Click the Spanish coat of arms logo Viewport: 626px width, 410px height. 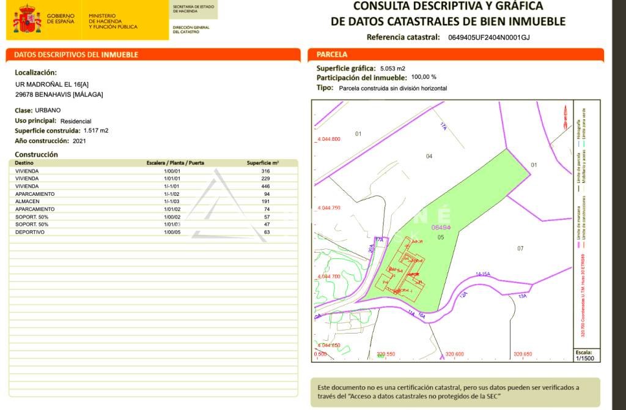pyautogui.click(x=28, y=20)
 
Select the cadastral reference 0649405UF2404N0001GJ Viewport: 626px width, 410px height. pyautogui.click(x=488, y=37)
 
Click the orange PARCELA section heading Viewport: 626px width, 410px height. pyautogui.click(x=332, y=54)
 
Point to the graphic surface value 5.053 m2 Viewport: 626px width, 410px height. pyautogui.click(x=392, y=69)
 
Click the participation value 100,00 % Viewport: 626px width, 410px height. pyautogui.click(x=424, y=77)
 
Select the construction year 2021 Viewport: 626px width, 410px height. pyautogui.click(x=79, y=141)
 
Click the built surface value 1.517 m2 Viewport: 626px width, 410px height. pyautogui.click(x=96, y=130)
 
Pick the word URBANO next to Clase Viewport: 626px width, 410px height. pyautogui.click(x=49, y=110)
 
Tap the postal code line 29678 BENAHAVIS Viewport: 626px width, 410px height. pyautogui.click(x=59, y=94)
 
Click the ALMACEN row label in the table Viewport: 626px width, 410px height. pyautogui.click(x=27, y=201)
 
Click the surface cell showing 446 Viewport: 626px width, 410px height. pyautogui.click(x=265, y=186)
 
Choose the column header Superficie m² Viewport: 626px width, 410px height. pyautogui.click(x=263, y=163)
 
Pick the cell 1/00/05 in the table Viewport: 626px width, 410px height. pyautogui.click(x=175, y=232)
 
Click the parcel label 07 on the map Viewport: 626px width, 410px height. pyautogui.click(x=520, y=248)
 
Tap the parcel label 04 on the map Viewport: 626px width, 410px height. pyautogui.click(x=429, y=156)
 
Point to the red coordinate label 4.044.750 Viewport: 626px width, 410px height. pyautogui.click(x=329, y=208)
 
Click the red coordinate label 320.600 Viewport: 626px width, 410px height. pyautogui.click(x=455, y=354)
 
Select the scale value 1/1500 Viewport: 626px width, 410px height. pyautogui.click(x=584, y=358)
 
